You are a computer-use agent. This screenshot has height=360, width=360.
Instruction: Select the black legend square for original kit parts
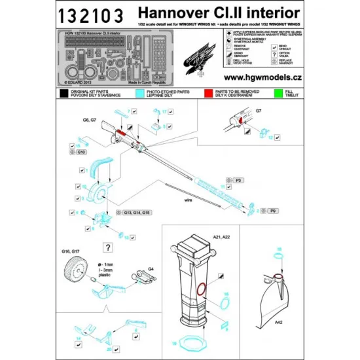pyautogui.click(x=63, y=93)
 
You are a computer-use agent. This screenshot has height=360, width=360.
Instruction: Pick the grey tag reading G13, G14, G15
pyautogui.click(x=137, y=213)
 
